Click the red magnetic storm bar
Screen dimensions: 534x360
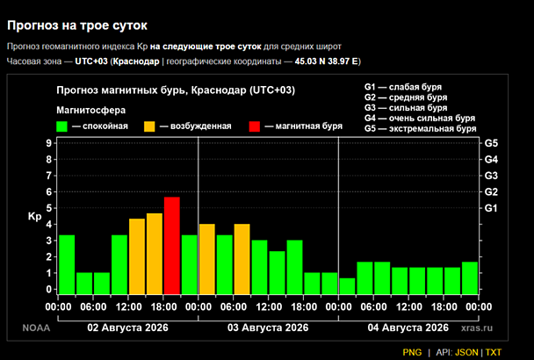pyautogui.click(x=172, y=246)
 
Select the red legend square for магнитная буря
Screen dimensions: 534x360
pyautogui.click(x=255, y=126)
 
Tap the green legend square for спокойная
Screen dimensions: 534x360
pyautogui.click(x=61, y=126)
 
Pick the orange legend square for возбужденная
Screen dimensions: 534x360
pyautogui.click(x=149, y=126)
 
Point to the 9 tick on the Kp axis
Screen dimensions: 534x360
pyautogui.click(x=49, y=143)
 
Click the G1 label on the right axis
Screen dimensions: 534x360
pyautogui.click(x=491, y=208)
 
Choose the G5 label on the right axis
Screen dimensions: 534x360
pyautogui.click(x=491, y=143)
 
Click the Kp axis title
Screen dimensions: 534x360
pyautogui.click(x=34, y=217)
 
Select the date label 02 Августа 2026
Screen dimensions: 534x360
pyautogui.click(x=127, y=328)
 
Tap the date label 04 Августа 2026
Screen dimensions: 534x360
pyautogui.click(x=408, y=328)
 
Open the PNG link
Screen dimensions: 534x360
pyautogui.click(x=412, y=352)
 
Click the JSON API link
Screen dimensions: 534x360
pyautogui.click(x=466, y=352)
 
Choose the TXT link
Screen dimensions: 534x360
pyautogui.click(x=494, y=352)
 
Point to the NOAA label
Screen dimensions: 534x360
pyautogui.click(x=36, y=328)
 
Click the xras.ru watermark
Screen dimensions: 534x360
pyautogui.click(x=477, y=328)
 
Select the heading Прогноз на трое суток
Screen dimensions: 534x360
pyautogui.click(x=77, y=25)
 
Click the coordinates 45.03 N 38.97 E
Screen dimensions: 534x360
pyautogui.click(x=326, y=61)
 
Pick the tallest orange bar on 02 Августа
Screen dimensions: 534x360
pyautogui.click(x=155, y=254)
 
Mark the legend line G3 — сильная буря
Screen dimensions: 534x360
pyautogui.click(x=406, y=108)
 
